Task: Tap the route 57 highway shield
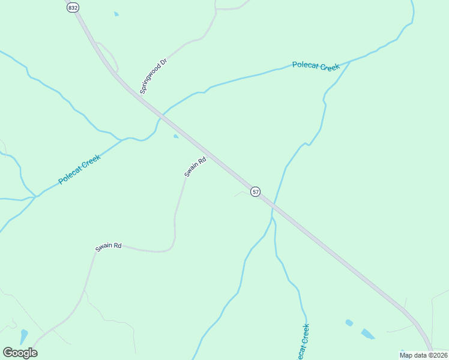pos(256,192)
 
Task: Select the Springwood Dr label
pos(152,76)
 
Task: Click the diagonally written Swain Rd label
pos(195,167)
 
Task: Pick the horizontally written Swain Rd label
pos(109,246)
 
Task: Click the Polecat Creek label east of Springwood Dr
pos(316,66)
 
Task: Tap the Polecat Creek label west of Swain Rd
pos(79,169)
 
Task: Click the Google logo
pos(20,353)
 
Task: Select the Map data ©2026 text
pos(423,355)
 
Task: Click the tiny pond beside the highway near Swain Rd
pos(175,137)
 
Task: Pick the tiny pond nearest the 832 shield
pos(116,13)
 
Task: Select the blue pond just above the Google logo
pos(23,336)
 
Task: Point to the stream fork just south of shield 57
pos(271,217)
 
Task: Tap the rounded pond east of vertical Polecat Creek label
pos(349,323)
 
